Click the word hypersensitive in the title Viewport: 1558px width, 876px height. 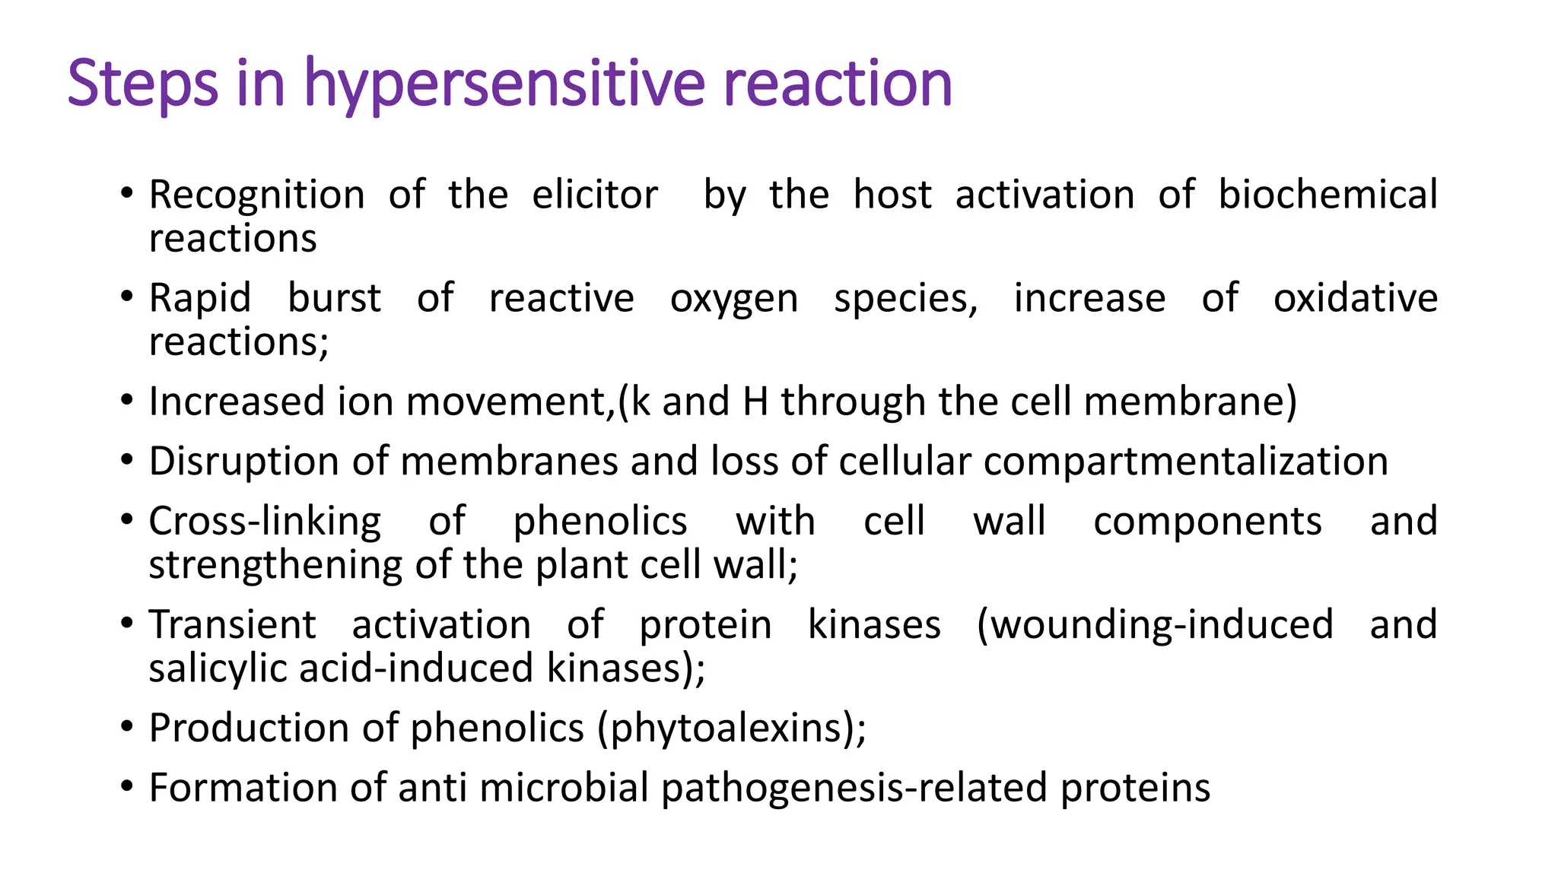[x=504, y=84]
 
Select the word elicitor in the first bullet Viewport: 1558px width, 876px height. [x=595, y=195]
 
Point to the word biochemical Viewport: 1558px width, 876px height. [x=1327, y=195]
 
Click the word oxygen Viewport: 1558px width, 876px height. [x=734, y=299]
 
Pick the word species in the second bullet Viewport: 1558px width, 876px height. [x=905, y=299]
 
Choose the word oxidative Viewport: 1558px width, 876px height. [x=1356, y=298]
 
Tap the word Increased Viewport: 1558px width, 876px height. [x=237, y=401]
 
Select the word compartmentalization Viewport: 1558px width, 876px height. [x=1186, y=462]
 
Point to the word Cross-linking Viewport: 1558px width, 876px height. [x=265, y=522]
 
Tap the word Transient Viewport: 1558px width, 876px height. [x=232, y=625]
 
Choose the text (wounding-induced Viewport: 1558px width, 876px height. [x=1155, y=625]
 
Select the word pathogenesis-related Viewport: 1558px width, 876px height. [x=854, y=788]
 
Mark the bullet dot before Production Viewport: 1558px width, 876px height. [x=127, y=727]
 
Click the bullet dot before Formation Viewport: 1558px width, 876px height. [x=127, y=786]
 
